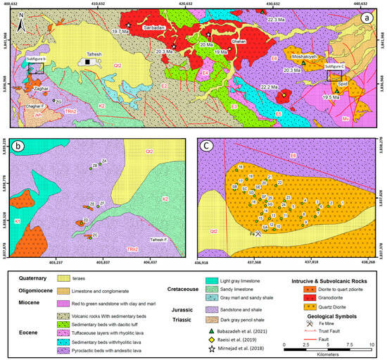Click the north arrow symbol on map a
(x=25, y=25)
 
